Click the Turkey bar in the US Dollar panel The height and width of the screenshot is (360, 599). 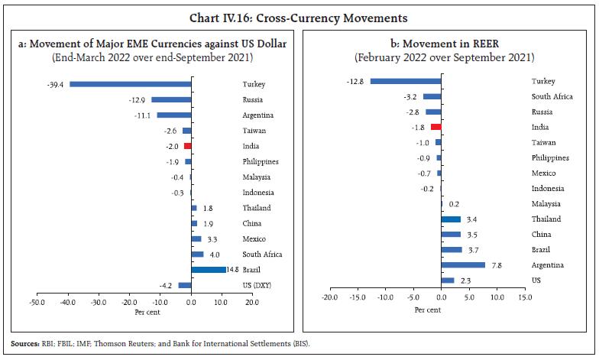pos(130,84)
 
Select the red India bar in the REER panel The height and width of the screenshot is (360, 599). pos(435,127)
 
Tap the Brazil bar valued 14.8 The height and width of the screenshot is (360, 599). pos(209,269)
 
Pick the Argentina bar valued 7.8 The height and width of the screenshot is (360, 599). pos(463,265)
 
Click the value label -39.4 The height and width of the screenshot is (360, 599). pos(57,84)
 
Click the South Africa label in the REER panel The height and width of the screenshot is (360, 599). pos(552,96)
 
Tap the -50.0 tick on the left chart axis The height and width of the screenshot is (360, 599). pos(37,303)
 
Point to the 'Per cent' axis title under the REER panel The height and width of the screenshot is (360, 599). pos(428,310)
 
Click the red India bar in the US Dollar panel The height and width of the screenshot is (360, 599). pos(187,145)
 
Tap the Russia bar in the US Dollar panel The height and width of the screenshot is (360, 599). pos(171,99)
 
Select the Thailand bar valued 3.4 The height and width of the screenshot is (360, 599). pos(451,219)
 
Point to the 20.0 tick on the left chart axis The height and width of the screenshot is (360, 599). pos(251,303)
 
